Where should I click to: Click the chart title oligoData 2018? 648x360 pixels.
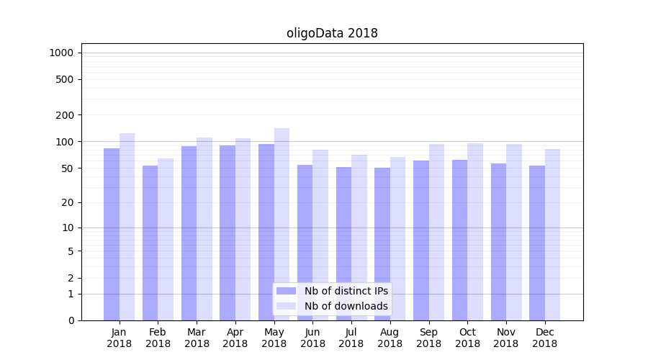pyautogui.click(x=332, y=33)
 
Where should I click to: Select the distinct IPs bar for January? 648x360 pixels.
pyautogui.click(x=112, y=234)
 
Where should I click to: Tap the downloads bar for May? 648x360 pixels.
pyautogui.click(x=282, y=224)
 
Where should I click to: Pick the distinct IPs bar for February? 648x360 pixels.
pyautogui.click(x=150, y=243)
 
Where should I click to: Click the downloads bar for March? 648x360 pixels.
pyautogui.click(x=204, y=229)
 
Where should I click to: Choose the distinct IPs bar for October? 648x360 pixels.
pyautogui.click(x=459, y=240)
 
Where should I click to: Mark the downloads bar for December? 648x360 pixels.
pyautogui.click(x=552, y=235)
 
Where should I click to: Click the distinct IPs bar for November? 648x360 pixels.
pyautogui.click(x=498, y=242)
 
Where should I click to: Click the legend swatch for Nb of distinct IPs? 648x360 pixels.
pyautogui.click(x=286, y=291)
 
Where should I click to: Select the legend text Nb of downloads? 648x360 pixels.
pyautogui.click(x=346, y=306)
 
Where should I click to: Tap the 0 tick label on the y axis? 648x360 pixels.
pyautogui.click(x=71, y=320)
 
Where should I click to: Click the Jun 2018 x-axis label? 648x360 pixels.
pyautogui.click(x=312, y=338)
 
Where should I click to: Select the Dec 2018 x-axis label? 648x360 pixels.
pyautogui.click(x=544, y=338)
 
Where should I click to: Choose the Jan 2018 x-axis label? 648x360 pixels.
pyautogui.click(x=120, y=338)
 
